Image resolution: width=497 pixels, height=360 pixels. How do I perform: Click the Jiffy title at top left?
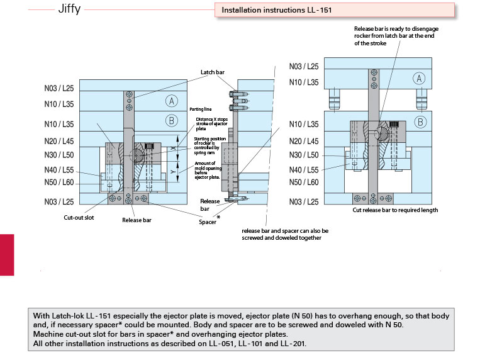(69, 11)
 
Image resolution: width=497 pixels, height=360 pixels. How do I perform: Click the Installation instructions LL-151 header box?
(334, 10)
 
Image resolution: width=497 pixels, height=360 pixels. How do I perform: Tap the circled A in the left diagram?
(170, 101)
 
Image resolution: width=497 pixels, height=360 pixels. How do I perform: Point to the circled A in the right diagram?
(420, 78)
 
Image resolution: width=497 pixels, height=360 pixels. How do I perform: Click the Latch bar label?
(212, 72)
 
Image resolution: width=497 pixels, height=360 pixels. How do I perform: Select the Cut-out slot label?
(79, 218)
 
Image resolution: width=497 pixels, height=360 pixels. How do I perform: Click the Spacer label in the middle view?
(208, 222)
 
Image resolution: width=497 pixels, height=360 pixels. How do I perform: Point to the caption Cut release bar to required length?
(395, 210)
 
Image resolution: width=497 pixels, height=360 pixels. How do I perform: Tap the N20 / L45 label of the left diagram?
(59, 141)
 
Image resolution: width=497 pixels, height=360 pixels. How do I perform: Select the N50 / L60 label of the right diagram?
(304, 182)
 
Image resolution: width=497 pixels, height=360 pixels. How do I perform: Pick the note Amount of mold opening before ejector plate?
(207, 170)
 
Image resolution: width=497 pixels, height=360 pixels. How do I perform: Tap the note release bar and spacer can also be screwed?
(285, 234)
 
